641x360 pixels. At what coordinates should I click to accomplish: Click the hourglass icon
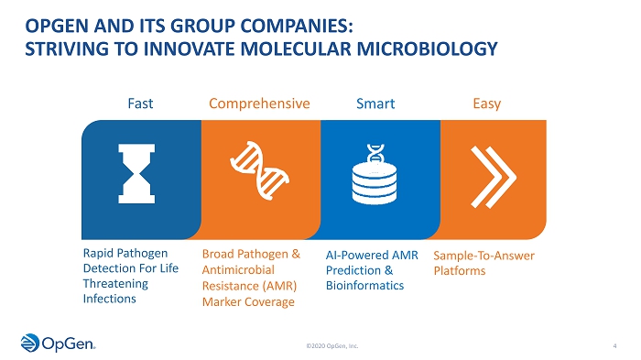pyautogui.click(x=136, y=173)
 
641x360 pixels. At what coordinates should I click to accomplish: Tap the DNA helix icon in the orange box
pyautogui.click(x=259, y=170)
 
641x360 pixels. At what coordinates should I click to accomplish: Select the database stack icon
pyautogui.click(x=375, y=174)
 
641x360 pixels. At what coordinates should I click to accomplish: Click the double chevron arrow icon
pyautogui.click(x=494, y=177)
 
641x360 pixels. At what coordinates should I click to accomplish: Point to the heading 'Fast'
pyautogui.click(x=140, y=104)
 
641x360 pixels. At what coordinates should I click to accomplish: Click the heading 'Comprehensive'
pyautogui.click(x=259, y=104)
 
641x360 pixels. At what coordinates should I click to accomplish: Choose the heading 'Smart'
pyautogui.click(x=375, y=104)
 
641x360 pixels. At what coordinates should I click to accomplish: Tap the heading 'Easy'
pyautogui.click(x=487, y=104)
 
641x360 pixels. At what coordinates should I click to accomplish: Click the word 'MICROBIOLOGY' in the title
pyautogui.click(x=428, y=49)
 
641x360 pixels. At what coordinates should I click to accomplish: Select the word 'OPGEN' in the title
pyautogui.click(x=57, y=27)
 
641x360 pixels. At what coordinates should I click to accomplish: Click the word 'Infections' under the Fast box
pyautogui.click(x=110, y=299)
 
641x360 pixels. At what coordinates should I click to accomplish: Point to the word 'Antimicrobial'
pyautogui.click(x=238, y=270)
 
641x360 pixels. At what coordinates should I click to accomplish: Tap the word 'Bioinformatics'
pyautogui.click(x=364, y=286)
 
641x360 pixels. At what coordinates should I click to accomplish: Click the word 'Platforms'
pyautogui.click(x=460, y=271)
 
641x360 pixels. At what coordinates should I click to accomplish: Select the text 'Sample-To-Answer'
pyautogui.click(x=484, y=256)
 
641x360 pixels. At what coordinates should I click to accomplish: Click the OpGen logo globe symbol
pyautogui.click(x=30, y=343)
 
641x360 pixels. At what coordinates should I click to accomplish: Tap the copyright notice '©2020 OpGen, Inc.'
pyautogui.click(x=332, y=346)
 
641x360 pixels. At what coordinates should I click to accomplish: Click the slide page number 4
pyautogui.click(x=614, y=346)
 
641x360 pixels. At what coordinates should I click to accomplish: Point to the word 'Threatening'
pyautogui.click(x=115, y=283)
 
